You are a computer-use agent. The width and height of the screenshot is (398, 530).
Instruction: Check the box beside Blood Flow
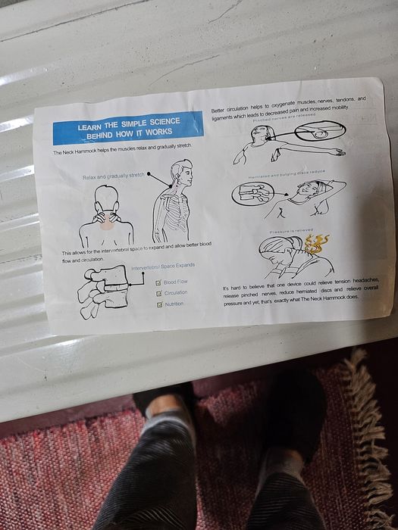pyautogui.click(x=158, y=283)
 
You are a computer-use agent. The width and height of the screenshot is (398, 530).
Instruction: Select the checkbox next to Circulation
pyautogui.click(x=158, y=293)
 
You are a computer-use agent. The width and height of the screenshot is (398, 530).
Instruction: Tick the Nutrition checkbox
pyautogui.click(x=159, y=304)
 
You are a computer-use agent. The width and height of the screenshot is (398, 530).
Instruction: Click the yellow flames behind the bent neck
pyautogui.click(x=317, y=243)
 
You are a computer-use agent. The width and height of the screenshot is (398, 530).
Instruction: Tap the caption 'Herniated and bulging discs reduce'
pyautogui.click(x=286, y=173)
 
